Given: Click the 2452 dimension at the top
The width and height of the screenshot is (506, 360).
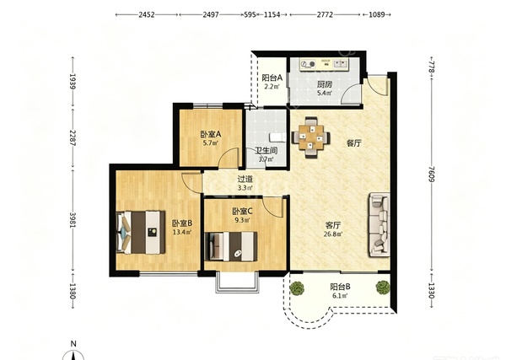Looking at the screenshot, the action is pyautogui.click(x=147, y=14).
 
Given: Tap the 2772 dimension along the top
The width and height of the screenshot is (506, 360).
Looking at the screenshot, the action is pyautogui.click(x=325, y=14).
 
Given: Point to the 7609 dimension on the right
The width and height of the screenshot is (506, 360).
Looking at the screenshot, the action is pyautogui.click(x=432, y=174).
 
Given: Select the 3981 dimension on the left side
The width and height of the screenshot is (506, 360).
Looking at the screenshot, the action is pyautogui.click(x=73, y=220).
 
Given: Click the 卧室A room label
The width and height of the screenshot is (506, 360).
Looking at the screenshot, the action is pyautogui.click(x=210, y=133).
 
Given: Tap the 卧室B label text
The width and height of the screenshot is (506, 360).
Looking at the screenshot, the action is pyautogui.click(x=182, y=223).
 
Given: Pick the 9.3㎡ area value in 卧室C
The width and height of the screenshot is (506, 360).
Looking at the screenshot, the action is pyautogui.click(x=242, y=220).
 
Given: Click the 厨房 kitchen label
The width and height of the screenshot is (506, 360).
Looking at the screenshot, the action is pyautogui.click(x=325, y=84).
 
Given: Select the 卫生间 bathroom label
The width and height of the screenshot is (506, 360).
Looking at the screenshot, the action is pyautogui.click(x=266, y=150).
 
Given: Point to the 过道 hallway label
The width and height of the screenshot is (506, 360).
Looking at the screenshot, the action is pyautogui.click(x=245, y=179).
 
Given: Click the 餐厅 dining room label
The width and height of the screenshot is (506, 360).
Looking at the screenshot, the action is pyautogui.click(x=354, y=143).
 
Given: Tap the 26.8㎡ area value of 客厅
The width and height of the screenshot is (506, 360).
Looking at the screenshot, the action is pyautogui.click(x=333, y=234).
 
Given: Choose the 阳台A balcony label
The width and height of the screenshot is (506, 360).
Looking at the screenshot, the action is pyautogui.click(x=272, y=78).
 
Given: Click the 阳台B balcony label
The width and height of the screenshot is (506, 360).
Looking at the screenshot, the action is pyautogui.click(x=341, y=287).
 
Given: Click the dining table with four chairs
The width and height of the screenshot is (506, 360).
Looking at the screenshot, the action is pyautogui.click(x=311, y=137).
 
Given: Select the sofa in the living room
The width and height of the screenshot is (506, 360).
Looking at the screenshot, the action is pyautogui.click(x=379, y=225).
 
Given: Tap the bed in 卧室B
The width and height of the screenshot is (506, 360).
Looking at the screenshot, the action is pyautogui.click(x=141, y=232).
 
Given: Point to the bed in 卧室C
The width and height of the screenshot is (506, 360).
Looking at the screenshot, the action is pyautogui.click(x=231, y=246).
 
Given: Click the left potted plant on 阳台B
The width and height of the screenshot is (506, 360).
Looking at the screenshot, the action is pyautogui.click(x=297, y=287).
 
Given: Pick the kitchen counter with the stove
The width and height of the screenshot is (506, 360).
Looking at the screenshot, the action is pyautogui.click(x=324, y=63).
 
